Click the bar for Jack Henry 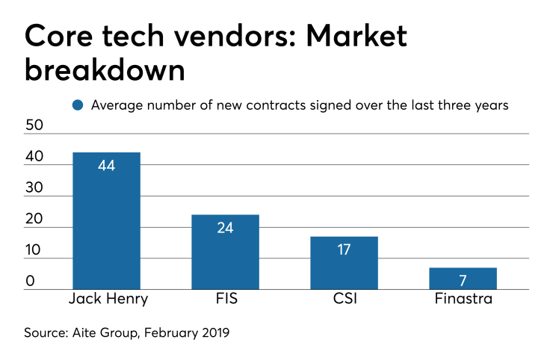click(106, 221)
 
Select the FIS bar click(225, 252)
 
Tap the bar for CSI click(345, 263)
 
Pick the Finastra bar click(463, 279)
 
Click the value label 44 click(106, 165)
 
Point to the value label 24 click(225, 228)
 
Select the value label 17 click(345, 249)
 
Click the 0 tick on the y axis click(30, 282)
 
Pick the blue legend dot click(78, 105)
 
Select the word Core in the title click(59, 34)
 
